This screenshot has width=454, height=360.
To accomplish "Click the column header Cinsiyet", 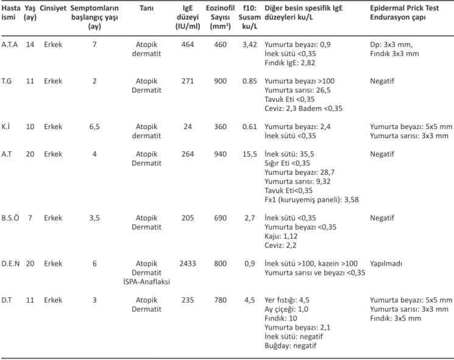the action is click(53, 9).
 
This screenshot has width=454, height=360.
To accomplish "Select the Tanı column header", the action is click(146, 8).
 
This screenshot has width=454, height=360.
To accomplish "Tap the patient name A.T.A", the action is click(10, 44).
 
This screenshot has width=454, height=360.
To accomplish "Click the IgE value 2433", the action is click(188, 264).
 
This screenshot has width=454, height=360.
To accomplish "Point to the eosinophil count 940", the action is click(221, 154).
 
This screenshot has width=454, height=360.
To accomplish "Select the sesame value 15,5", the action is click(250, 154).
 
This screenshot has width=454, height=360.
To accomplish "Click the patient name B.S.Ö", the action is click(10, 218).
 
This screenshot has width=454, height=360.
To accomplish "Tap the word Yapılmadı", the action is click(386, 264).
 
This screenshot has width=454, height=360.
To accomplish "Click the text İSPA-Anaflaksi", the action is click(146, 282).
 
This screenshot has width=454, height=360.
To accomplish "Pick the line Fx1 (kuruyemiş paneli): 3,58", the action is click(311, 200).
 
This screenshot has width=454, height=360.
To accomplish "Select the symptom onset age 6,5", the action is click(94, 127).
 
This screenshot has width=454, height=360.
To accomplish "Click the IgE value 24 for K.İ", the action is click(188, 127).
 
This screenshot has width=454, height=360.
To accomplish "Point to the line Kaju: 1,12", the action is click(281, 236).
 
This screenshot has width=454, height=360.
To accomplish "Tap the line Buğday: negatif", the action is click(291, 346).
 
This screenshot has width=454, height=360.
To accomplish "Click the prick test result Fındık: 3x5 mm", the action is click(395, 319).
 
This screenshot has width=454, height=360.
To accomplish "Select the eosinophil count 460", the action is click(221, 44).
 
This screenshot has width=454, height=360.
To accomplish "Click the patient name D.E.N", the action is click(10, 264).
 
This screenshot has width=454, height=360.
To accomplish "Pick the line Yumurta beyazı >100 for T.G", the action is click(299, 81).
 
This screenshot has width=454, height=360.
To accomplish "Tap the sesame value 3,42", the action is click(250, 45).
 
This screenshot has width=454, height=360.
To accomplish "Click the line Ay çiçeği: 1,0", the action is click(286, 309).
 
